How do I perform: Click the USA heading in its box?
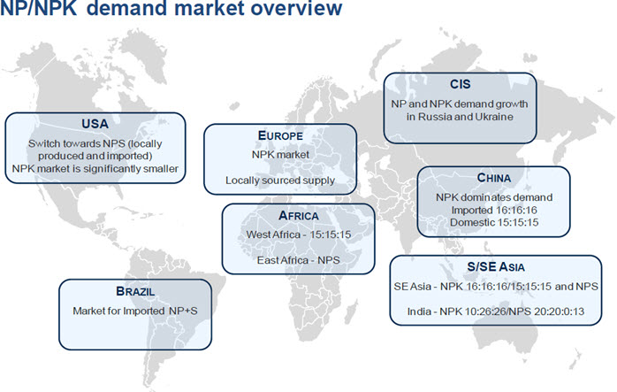[x=95, y=124]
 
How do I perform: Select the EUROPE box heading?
[x=280, y=135]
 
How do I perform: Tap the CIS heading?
[x=460, y=84]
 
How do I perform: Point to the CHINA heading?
[x=494, y=178]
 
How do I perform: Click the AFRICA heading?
[x=298, y=216]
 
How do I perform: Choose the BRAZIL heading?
[x=135, y=291]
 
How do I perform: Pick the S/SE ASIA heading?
[x=495, y=267]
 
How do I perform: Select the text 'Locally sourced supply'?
[x=280, y=181]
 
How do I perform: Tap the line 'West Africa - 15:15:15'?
[x=298, y=234]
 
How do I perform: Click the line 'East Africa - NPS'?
[x=298, y=260]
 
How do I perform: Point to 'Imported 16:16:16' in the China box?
[x=494, y=210]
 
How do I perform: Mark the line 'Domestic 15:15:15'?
[x=494, y=223]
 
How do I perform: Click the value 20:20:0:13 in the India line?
[x=559, y=311]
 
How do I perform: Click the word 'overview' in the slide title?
[x=296, y=8]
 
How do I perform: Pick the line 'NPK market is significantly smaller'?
[x=95, y=169]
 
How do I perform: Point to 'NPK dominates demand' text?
[x=494, y=197]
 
